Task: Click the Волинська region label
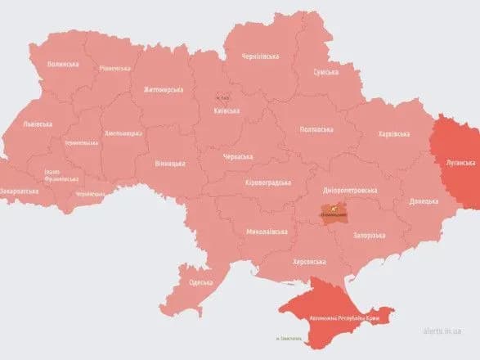tap(63, 64)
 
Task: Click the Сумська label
tap(325, 73)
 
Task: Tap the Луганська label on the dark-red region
tap(454, 163)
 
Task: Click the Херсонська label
tap(309, 262)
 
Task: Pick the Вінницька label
tap(170, 164)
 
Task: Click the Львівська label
tap(38, 124)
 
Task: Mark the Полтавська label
tap(316, 129)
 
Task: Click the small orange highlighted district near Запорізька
tap(331, 214)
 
